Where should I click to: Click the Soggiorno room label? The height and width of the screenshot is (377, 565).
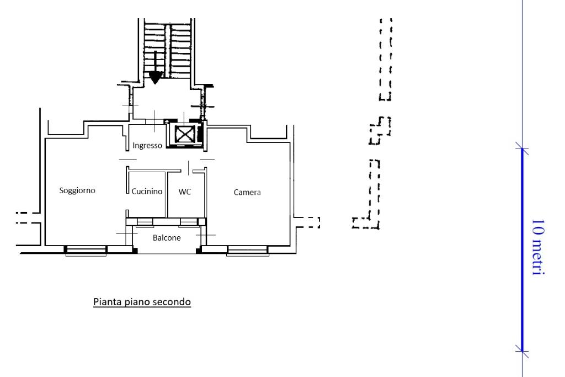(x=77, y=190)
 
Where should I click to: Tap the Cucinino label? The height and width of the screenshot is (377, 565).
(x=147, y=192)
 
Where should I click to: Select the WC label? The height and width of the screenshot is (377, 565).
(x=184, y=192)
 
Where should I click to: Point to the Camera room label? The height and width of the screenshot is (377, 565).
(x=247, y=193)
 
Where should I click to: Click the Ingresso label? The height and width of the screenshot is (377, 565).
(x=147, y=146)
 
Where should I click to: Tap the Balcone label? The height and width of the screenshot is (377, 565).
(x=167, y=238)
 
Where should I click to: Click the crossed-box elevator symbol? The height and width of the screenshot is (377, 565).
(x=185, y=134)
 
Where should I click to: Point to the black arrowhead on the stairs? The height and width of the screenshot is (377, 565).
(x=156, y=77)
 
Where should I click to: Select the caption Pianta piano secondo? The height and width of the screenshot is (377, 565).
(x=142, y=302)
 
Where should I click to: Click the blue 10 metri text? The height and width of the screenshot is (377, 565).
(x=537, y=247)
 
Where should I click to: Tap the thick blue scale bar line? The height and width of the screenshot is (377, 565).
(x=522, y=249)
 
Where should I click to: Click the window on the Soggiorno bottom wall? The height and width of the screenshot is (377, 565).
(x=86, y=251)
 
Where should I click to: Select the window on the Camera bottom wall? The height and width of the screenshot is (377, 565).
(x=248, y=251)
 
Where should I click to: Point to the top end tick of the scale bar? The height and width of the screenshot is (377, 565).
(x=522, y=148)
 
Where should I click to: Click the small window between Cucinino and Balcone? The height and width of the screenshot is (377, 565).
(x=145, y=222)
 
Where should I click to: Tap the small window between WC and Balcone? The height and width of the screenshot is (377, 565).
(x=189, y=222)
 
